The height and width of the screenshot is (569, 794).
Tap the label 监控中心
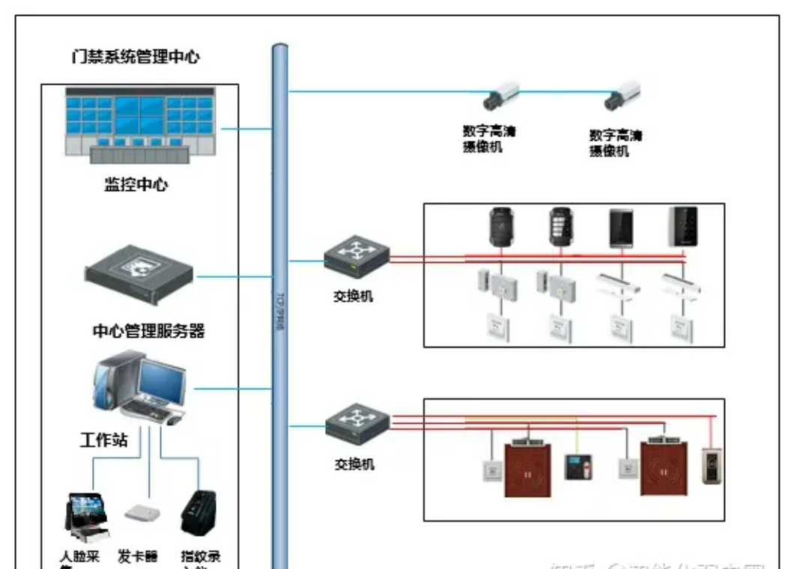point(136,185)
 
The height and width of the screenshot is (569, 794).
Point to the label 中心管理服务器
point(148,331)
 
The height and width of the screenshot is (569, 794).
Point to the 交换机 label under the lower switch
point(354,464)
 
